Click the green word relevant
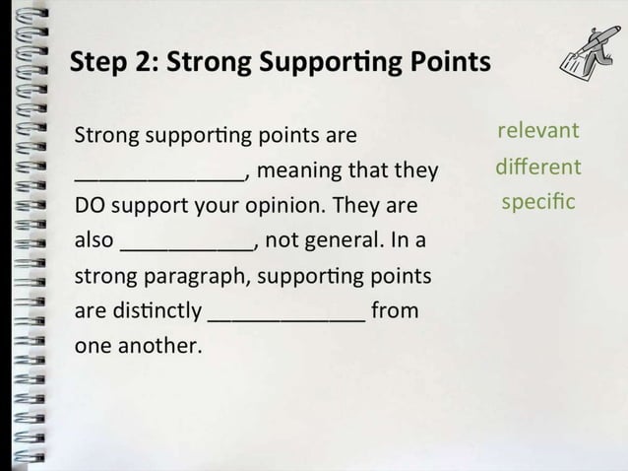pyautogui.click(x=537, y=131)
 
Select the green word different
pyautogui.click(x=537, y=167)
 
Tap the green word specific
pyautogui.click(x=537, y=203)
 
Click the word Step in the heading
pyautogui.click(x=97, y=64)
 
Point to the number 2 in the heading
pyautogui.click(x=144, y=63)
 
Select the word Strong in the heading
pyautogui.click(x=209, y=64)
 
